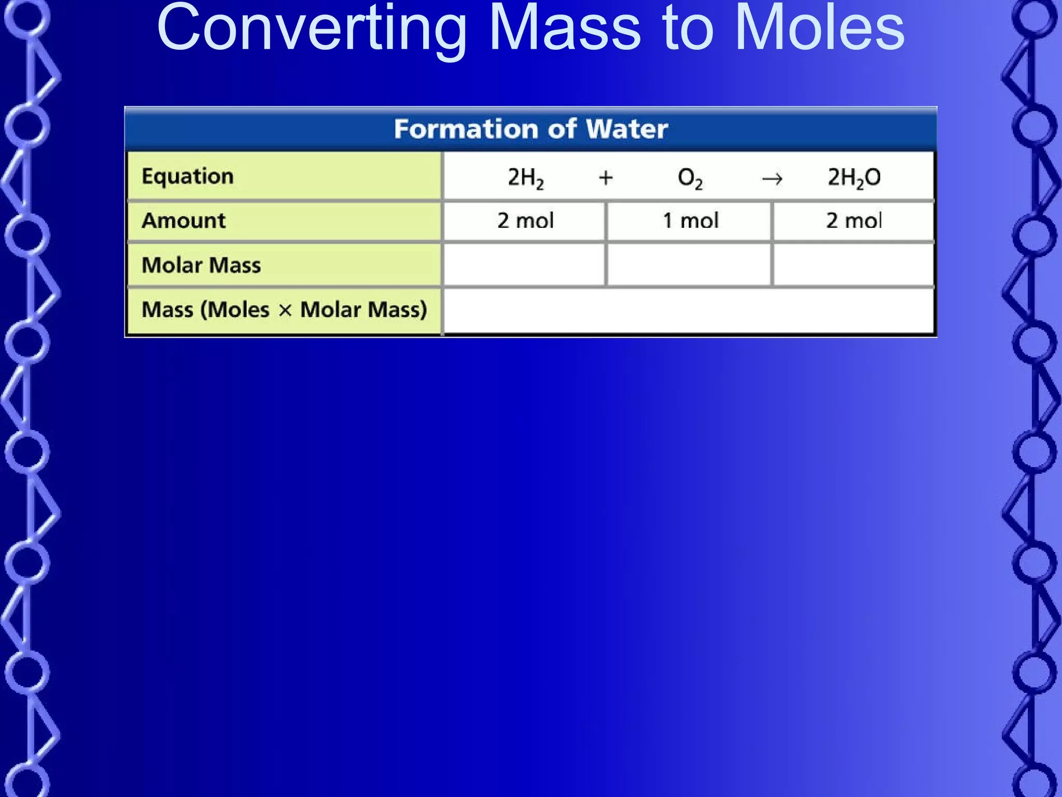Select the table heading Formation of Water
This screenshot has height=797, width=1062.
tap(530, 129)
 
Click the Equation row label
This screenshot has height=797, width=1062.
tap(187, 176)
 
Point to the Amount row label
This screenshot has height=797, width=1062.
tap(184, 221)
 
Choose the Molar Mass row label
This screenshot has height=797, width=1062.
tap(201, 265)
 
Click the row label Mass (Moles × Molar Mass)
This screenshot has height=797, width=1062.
tap(284, 310)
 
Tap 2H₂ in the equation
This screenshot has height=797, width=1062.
tap(525, 177)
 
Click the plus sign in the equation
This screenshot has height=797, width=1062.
tap(606, 178)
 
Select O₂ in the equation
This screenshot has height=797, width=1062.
tap(690, 178)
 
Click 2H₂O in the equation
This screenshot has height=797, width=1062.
tap(854, 177)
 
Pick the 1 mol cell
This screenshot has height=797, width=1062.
tap(690, 221)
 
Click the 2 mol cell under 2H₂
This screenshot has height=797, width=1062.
tap(525, 221)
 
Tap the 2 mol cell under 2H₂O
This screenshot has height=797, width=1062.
tap(854, 221)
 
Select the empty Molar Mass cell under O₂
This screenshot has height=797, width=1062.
tap(689, 265)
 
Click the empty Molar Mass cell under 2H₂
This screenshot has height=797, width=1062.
tap(524, 265)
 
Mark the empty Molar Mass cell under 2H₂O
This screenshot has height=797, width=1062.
tap(854, 265)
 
